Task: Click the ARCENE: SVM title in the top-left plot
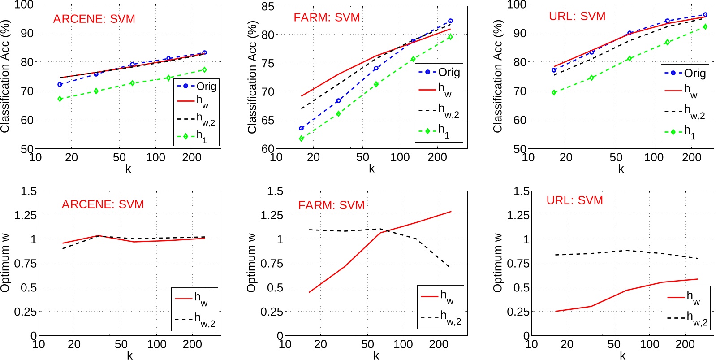point(94,19)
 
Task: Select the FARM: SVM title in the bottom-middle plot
point(331,205)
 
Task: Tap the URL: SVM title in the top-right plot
point(577,17)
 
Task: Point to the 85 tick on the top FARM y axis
point(268,6)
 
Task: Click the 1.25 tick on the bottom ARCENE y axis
point(26,215)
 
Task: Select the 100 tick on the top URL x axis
point(654,157)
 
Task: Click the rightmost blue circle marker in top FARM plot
point(450,21)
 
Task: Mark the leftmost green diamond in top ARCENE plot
point(60,99)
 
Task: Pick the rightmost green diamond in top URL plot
point(705,27)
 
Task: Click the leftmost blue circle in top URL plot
point(554,70)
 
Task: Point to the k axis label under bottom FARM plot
point(376,356)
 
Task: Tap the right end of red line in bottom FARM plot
point(451,211)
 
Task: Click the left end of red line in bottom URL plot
point(556,311)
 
